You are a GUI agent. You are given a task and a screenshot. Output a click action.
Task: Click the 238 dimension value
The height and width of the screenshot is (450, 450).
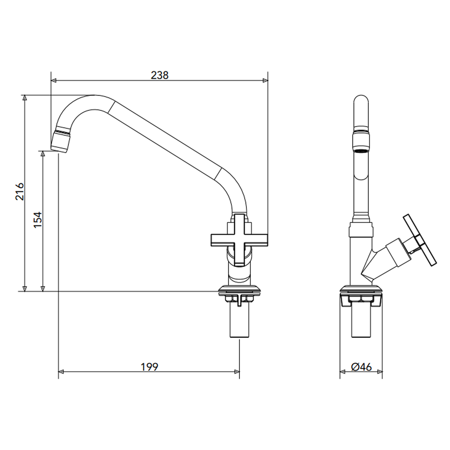(x=159, y=75)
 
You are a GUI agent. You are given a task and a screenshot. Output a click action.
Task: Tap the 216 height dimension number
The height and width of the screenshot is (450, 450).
(x=19, y=192)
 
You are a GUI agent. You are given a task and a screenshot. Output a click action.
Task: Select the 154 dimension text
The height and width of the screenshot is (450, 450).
(x=37, y=220)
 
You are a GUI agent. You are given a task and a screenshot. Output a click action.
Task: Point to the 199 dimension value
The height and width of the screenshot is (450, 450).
(x=150, y=367)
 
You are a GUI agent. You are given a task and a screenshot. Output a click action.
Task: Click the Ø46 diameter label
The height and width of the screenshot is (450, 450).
(x=361, y=367)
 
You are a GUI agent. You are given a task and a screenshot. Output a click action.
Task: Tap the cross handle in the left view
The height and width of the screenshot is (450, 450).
(x=239, y=240)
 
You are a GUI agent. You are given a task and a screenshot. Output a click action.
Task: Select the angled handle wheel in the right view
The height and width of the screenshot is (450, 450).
(x=420, y=240)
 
